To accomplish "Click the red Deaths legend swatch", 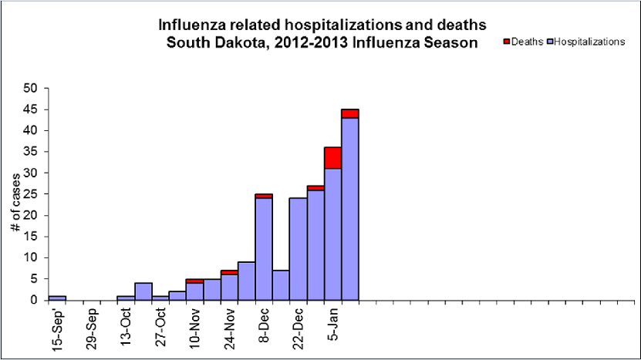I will (x=506, y=42).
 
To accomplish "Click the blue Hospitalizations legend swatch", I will (x=549, y=42).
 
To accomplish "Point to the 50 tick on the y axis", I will (x=30, y=89).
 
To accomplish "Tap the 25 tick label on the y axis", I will (x=30, y=194).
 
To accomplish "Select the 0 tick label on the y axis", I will (x=33, y=300).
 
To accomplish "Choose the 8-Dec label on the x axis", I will (x=264, y=326).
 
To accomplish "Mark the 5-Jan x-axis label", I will (x=332, y=326).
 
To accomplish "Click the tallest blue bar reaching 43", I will (x=350, y=208).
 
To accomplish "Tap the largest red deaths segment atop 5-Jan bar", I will (x=332, y=157).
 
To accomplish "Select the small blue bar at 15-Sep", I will (x=57, y=298).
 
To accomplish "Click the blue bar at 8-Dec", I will (x=264, y=249).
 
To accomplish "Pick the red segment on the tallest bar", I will (x=350, y=113).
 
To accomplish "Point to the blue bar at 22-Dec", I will (x=299, y=249).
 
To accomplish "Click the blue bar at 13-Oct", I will (x=126, y=298).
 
